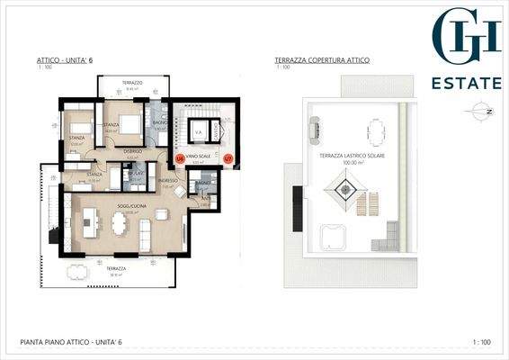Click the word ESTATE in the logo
click(x=467, y=84)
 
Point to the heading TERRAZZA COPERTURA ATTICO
click(x=322, y=60)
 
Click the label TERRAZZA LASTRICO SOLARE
click(x=353, y=156)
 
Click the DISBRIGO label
click(x=133, y=151)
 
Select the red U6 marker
click(x=180, y=158)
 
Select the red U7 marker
click(x=228, y=158)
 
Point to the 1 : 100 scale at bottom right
click(x=482, y=342)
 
